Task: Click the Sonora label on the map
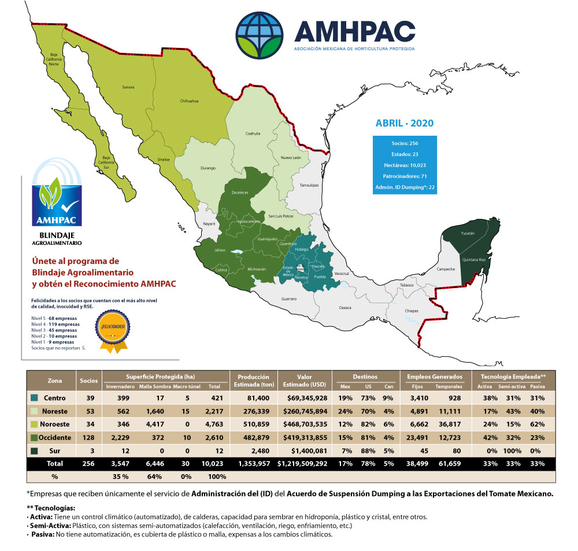pos(128,87)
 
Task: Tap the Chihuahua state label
pos(190,100)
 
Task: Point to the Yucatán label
pos(468,233)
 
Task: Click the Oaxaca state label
pos(345,307)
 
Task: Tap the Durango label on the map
pos(208,168)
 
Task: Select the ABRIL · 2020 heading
pos(404,123)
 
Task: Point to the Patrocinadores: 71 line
pos(404,176)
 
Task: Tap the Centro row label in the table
pos(55,398)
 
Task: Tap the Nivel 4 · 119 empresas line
pos(55,324)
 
